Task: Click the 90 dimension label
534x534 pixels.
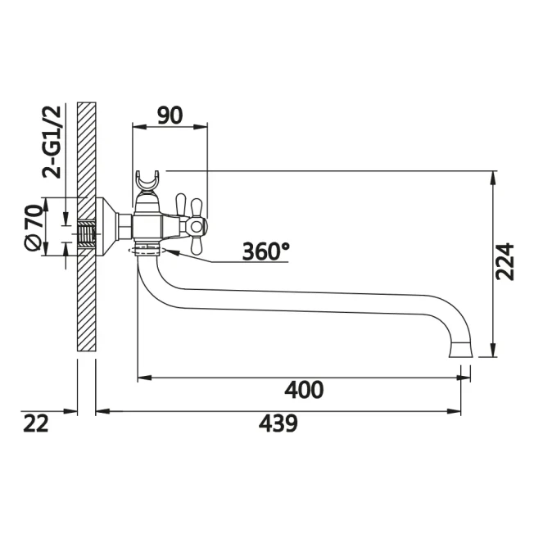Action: point(170,115)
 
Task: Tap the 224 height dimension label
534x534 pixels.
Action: point(505,261)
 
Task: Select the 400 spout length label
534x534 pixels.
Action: point(304,390)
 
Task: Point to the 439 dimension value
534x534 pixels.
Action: point(278,423)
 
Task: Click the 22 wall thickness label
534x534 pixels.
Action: point(36,423)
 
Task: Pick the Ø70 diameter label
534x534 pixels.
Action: point(34,228)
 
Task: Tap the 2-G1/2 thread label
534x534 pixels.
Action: point(52,142)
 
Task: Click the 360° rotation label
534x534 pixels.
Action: point(266,251)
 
